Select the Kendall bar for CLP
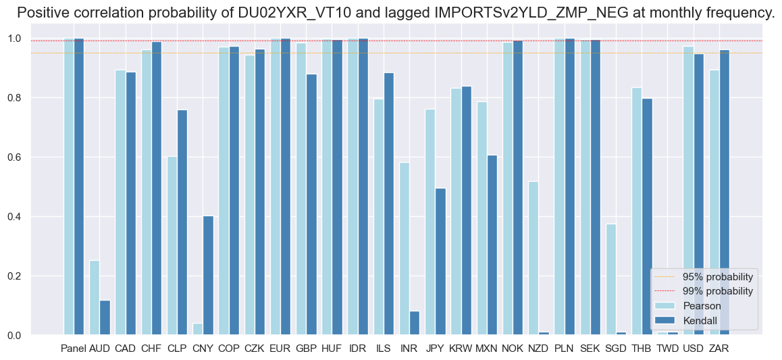(x=182, y=222)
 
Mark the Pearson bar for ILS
(x=379, y=217)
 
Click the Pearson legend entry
(x=702, y=305)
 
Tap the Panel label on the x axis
(x=73, y=349)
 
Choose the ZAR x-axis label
(x=719, y=349)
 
